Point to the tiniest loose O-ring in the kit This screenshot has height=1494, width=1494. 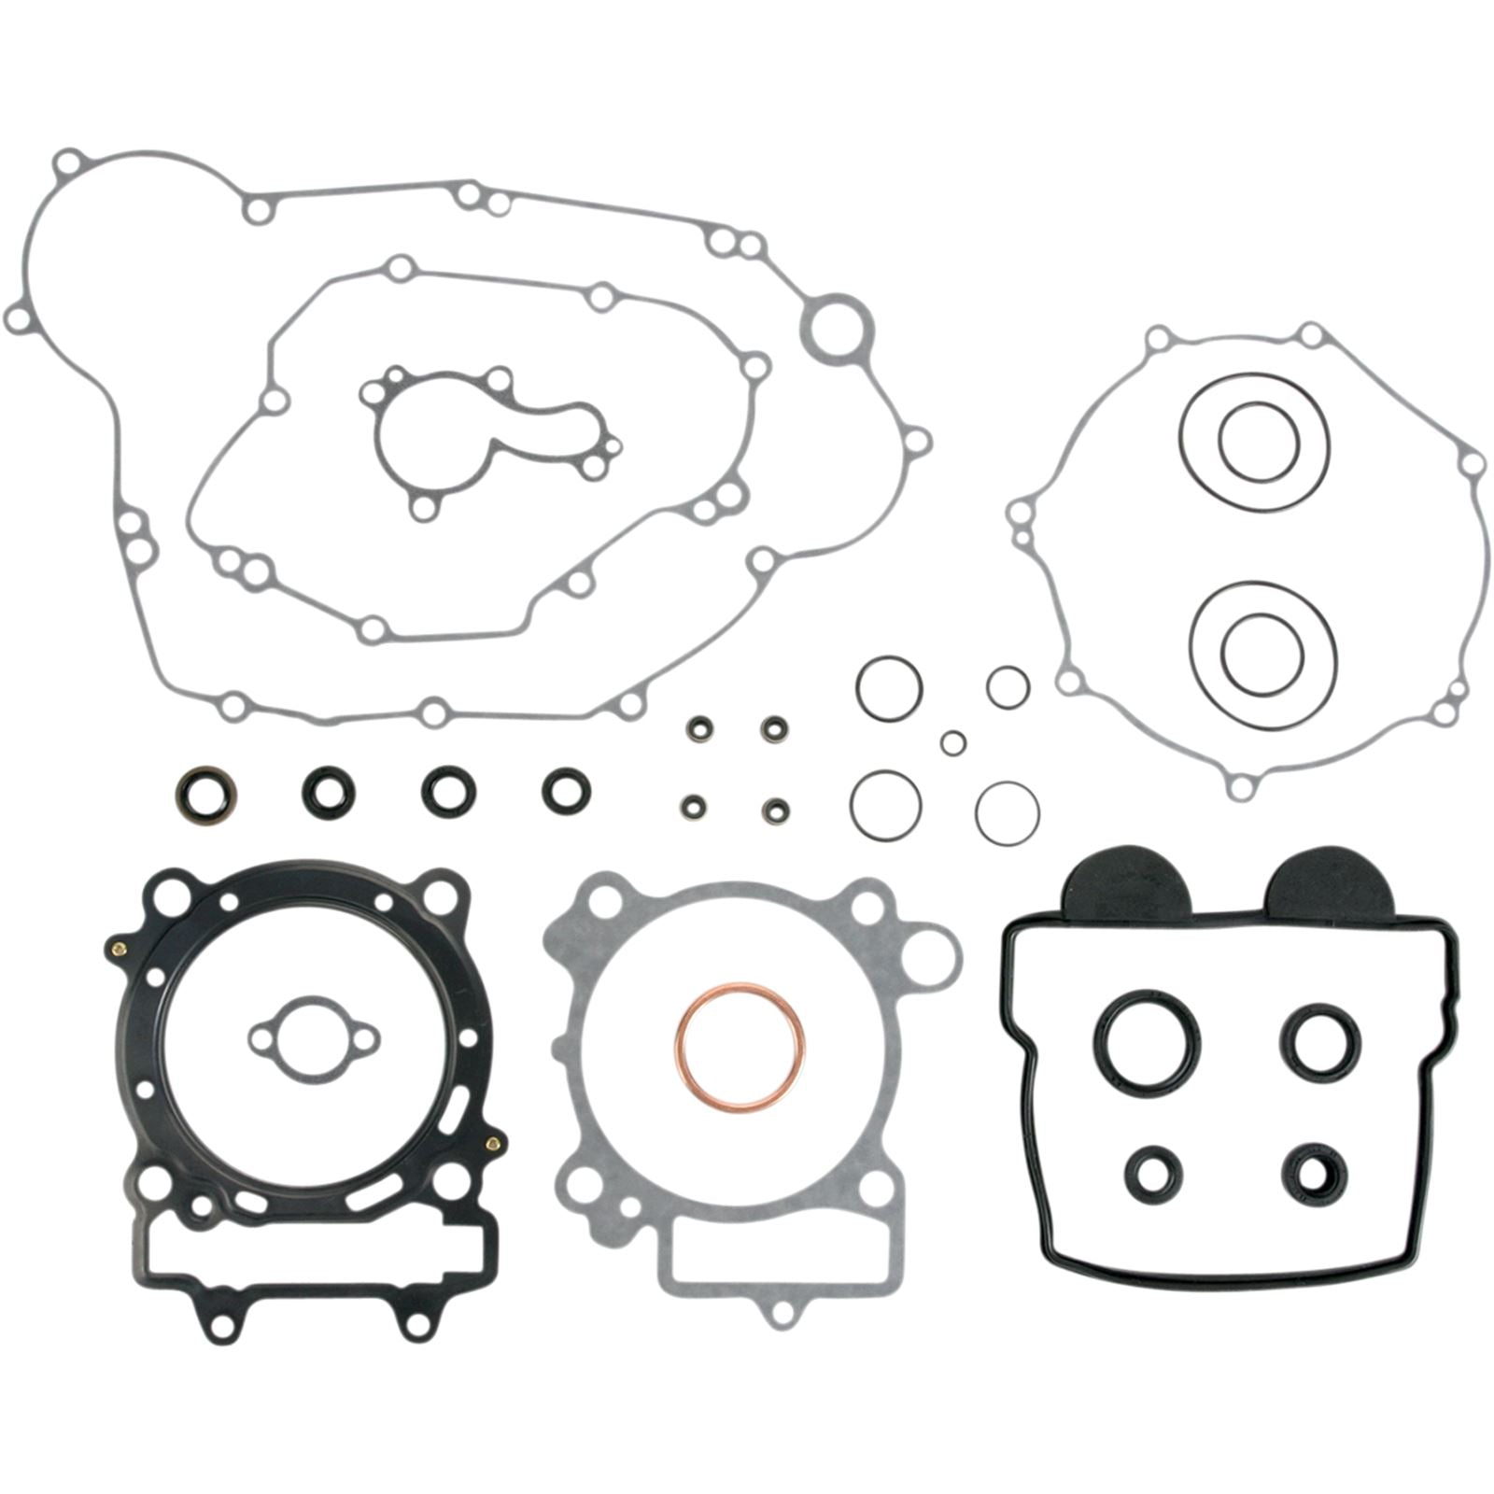[952, 742]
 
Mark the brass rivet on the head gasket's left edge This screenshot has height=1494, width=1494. [119, 951]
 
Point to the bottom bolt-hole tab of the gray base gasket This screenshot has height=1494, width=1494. [778, 1312]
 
